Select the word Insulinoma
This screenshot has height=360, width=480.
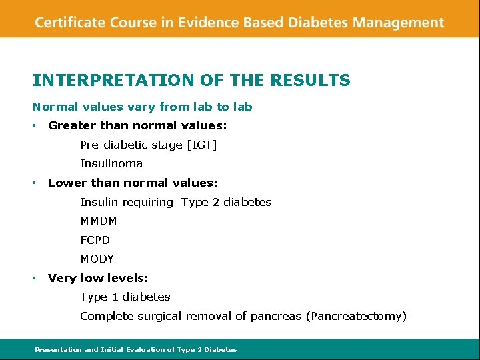[111, 163]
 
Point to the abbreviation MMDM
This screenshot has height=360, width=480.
[98, 221]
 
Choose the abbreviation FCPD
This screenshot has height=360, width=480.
[95, 240]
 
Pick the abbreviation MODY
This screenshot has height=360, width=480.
[97, 259]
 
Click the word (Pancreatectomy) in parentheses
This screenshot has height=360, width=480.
[356, 316]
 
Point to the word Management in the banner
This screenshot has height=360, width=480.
[398, 23]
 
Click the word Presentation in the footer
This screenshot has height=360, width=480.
[58, 349]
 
